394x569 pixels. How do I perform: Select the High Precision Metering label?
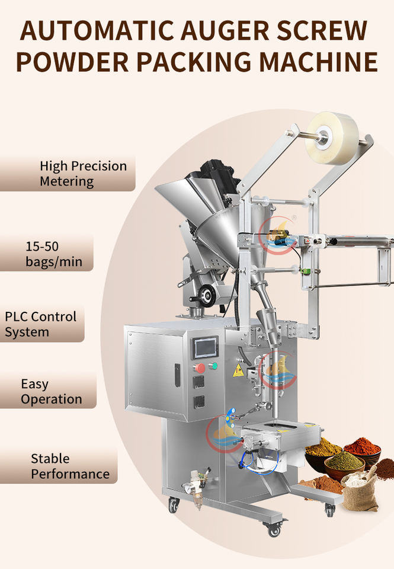coord(75,174)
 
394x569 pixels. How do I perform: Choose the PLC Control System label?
coord(41,324)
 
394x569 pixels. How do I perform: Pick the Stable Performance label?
coord(70,466)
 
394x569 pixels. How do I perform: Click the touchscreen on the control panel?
coord(206,347)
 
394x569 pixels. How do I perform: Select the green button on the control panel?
coord(213,366)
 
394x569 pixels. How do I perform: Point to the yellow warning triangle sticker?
coord(238,370)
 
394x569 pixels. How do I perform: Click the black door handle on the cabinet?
coord(177,375)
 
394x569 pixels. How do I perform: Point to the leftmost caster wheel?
coord(174,505)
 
